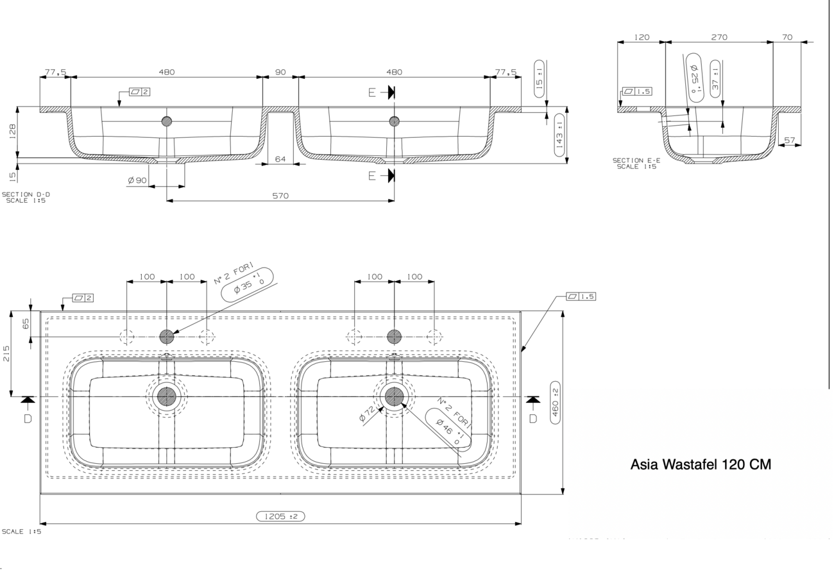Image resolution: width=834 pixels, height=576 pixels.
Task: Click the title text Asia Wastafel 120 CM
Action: (701, 464)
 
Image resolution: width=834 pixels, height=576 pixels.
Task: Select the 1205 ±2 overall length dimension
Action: (281, 516)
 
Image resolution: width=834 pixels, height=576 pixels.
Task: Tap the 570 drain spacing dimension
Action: (280, 196)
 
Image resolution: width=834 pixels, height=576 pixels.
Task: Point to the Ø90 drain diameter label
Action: (137, 181)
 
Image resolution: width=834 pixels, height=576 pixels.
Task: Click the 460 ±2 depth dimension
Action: (555, 402)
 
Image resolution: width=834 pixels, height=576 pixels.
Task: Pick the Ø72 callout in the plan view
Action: (367, 414)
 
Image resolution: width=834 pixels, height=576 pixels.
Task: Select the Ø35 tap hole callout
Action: (247, 284)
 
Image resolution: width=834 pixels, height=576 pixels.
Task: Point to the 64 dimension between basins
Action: (280, 159)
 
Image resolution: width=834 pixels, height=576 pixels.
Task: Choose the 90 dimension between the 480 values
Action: (280, 72)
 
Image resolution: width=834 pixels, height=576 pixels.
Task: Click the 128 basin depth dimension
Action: (12, 131)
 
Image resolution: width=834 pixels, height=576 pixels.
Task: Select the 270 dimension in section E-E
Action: (719, 37)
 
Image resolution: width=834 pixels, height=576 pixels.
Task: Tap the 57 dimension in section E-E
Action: (789, 140)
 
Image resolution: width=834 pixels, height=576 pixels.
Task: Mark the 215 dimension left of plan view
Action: (6, 353)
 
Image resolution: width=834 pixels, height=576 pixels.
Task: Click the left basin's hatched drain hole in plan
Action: (166, 396)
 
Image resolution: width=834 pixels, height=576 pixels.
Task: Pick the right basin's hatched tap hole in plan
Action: (395, 337)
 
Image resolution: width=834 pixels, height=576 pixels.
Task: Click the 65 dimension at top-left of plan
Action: (25, 324)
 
